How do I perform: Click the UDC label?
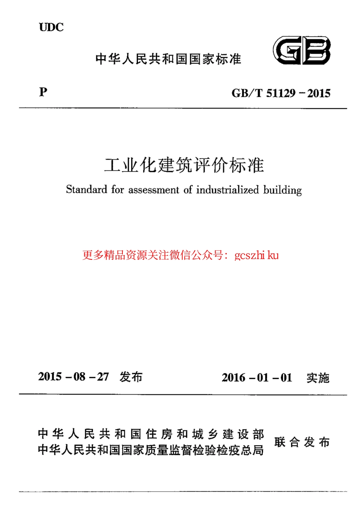51,27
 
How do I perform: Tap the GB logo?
302,51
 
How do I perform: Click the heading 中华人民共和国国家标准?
168,59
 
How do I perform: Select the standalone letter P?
43,92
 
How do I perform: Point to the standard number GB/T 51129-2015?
281,93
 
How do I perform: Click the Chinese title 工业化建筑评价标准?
184,165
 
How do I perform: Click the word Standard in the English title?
86,189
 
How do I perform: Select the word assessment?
153,189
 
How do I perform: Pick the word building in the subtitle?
283,190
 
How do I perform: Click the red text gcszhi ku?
257,255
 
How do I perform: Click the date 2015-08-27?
74,376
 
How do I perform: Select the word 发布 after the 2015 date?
131,377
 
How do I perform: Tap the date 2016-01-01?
257,378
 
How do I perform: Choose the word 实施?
318,378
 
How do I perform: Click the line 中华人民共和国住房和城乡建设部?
151,434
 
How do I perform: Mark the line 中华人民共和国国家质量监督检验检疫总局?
151,450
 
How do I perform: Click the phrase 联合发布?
302,442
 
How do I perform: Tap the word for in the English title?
117,189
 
